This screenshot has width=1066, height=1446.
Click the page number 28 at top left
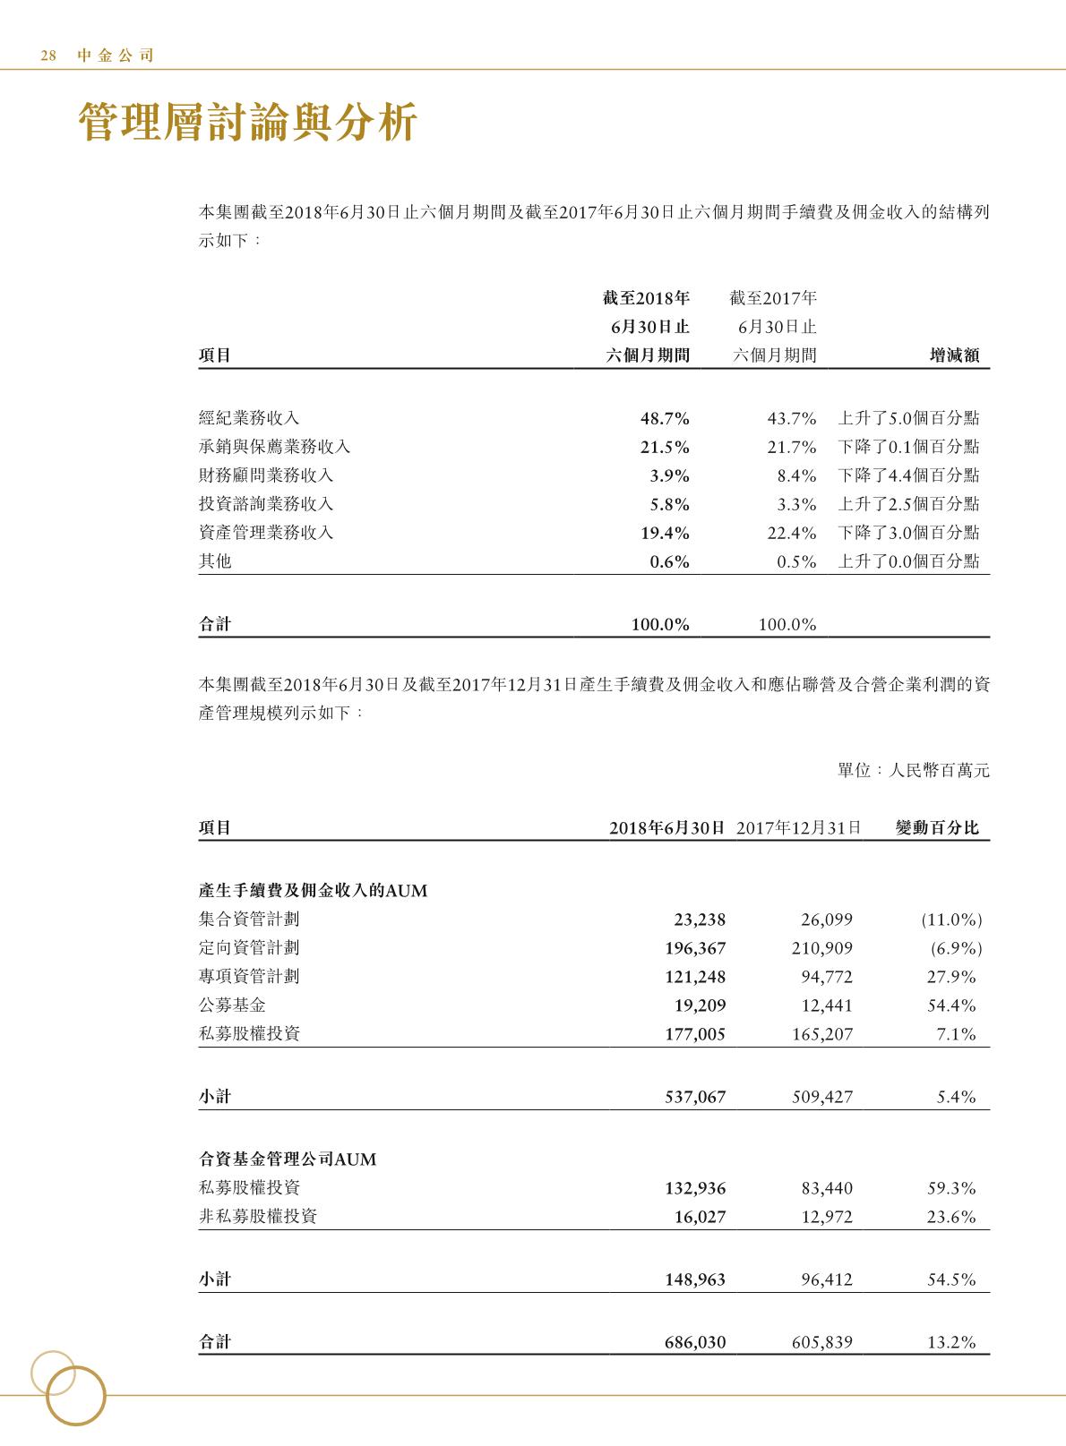point(48,56)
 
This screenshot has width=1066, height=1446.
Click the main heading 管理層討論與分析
point(248,123)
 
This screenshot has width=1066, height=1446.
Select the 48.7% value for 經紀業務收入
point(665,418)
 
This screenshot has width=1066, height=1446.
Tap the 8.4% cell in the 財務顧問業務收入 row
point(797,475)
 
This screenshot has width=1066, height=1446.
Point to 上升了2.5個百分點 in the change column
point(908,504)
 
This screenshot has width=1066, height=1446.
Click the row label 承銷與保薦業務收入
point(275,447)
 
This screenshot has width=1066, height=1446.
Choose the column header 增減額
point(955,355)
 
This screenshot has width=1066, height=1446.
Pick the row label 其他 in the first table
point(215,561)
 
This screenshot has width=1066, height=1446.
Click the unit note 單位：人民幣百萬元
point(914,770)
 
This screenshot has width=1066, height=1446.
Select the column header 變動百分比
point(937,828)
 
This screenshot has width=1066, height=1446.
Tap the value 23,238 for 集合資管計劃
point(700,920)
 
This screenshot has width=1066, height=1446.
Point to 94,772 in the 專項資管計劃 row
point(827,977)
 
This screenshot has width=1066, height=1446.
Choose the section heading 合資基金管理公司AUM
point(288,1159)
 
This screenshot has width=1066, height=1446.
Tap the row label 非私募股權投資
point(258,1217)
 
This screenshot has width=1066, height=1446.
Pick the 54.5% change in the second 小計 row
point(951,1279)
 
